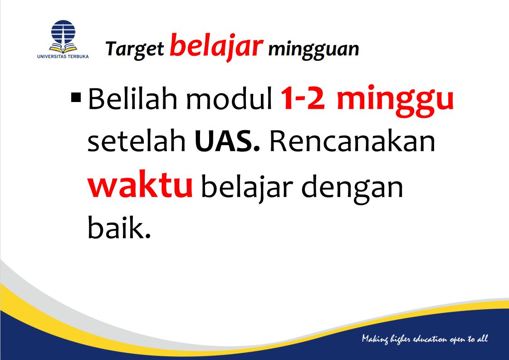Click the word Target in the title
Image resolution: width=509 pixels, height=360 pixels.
point(135,49)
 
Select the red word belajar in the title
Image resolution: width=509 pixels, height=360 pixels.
point(216,46)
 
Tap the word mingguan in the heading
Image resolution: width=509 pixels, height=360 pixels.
point(313,49)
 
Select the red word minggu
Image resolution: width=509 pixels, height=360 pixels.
point(395,101)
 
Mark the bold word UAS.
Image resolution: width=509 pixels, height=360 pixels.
point(227,142)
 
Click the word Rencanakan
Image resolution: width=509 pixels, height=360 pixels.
point(352,142)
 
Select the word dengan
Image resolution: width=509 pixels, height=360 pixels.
point(352,187)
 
